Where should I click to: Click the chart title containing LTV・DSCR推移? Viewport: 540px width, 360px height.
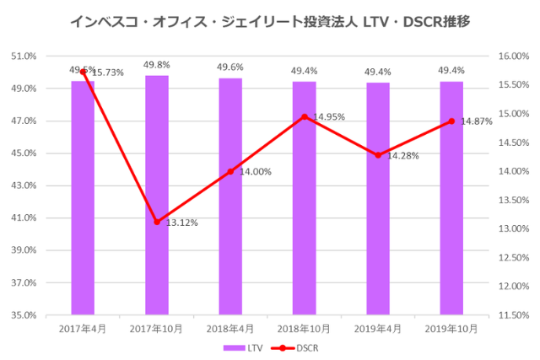click(269, 19)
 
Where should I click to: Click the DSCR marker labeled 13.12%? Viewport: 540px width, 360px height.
click(156, 222)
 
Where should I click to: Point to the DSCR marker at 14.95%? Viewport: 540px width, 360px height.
click(304, 116)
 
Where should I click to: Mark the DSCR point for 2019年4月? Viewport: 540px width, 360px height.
click(378, 155)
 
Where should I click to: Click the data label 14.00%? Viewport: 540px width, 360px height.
click(255, 171)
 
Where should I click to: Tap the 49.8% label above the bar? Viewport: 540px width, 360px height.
click(156, 64)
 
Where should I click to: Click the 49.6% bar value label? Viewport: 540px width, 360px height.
click(230, 67)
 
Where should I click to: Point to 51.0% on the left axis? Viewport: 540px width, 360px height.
click(24, 56)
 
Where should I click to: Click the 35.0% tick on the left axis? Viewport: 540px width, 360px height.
click(24, 315)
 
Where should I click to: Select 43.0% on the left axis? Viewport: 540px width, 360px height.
click(24, 185)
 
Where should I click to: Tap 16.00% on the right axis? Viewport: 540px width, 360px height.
click(513, 56)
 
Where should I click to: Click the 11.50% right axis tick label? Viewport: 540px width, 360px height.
click(513, 315)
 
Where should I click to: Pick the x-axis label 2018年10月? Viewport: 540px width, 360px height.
click(304, 328)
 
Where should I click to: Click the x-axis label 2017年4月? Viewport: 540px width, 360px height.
click(83, 328)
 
